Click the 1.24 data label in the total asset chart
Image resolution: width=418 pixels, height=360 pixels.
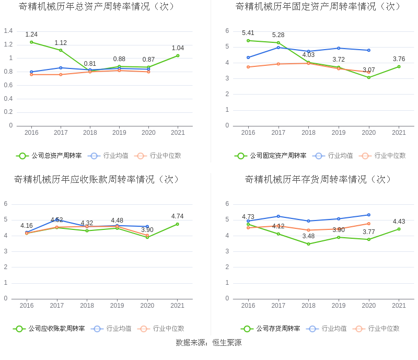click(31, 34)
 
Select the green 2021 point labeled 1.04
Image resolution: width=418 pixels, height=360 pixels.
click(178, 55)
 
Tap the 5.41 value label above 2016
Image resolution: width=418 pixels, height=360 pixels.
click(248, 33)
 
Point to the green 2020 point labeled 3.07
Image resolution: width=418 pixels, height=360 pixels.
click(369, 77)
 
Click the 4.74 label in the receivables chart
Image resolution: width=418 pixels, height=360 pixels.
click(178, 216)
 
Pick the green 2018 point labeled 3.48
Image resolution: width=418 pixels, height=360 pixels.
click(308, 244)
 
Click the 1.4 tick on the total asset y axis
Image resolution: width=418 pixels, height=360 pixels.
click(8, 31)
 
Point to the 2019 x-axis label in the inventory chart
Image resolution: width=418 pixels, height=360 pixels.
click(339, 306)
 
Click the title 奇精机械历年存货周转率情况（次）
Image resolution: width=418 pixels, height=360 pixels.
click(318, 179)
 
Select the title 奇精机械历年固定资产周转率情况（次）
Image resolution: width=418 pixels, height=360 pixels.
click(318, 6)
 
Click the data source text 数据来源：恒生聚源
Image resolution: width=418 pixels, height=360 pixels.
click(208, 343)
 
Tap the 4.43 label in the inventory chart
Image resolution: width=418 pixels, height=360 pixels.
click(399, 222)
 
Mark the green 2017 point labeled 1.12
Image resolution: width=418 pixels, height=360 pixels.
click(61, 50)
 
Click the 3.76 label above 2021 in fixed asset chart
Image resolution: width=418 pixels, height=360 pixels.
click(399, 59)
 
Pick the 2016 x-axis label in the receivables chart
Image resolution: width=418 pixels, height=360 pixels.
click(27, 306)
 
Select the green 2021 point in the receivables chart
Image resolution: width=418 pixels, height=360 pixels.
click(178, 224)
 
